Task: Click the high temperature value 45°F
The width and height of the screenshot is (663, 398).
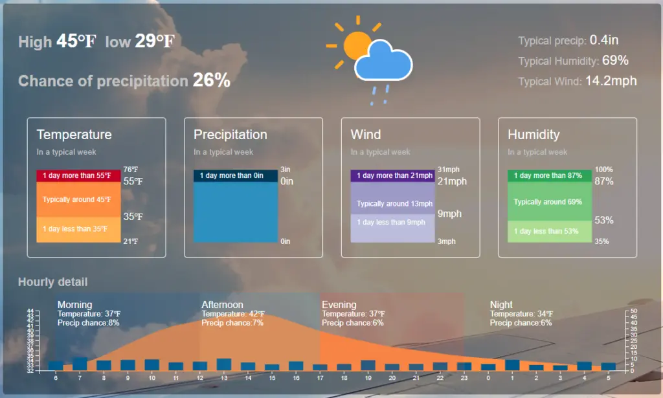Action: coord(76,41)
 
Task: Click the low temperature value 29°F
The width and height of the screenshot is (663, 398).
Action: coord(155,41)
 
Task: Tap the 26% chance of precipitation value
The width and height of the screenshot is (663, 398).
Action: coord(212,80)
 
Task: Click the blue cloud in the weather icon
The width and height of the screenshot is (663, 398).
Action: coord(383,61)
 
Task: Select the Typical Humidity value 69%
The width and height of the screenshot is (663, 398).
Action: coord(615,60)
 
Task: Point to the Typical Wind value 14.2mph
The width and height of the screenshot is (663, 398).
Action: coord(611,81)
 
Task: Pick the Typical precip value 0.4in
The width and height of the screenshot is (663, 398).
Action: coord(604,40)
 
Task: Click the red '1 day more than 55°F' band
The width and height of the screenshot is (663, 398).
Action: coord(78,176)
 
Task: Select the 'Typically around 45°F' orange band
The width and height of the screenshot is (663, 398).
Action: coord(78,199)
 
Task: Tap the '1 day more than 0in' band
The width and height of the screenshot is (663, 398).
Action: coord(236,176)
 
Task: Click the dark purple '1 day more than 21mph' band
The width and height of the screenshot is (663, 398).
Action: coord(393,176)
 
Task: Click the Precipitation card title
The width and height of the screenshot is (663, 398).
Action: coord(230,135)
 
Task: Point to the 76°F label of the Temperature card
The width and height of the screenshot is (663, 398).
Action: coord(131,170)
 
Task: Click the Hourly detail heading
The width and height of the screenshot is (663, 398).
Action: coord(53,282)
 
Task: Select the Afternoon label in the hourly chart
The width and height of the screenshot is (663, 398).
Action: coord(223,305)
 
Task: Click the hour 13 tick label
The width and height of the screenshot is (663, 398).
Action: coord(224,378)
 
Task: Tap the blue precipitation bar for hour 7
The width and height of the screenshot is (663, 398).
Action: coord(80,364)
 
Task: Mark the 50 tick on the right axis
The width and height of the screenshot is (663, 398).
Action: coord(633,311)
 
